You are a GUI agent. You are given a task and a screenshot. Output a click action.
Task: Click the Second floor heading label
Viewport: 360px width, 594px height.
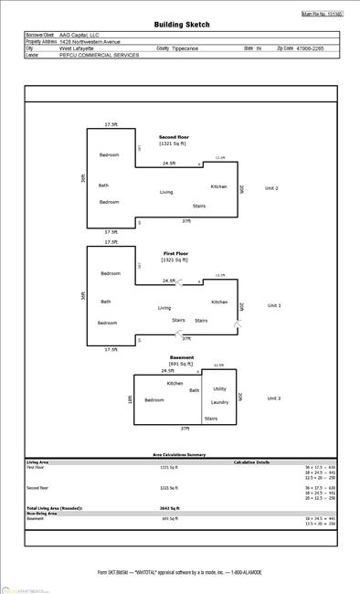[x=173, y=137]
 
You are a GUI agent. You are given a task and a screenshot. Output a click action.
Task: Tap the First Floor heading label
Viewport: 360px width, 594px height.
[x=176, y=252]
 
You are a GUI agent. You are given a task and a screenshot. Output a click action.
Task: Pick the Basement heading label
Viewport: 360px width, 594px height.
[x=181, y=357]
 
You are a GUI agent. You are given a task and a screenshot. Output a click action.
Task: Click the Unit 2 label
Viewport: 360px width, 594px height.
[x=271, y=188]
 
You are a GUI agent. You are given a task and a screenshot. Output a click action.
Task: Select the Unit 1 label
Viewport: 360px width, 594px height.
[x=273, y=305]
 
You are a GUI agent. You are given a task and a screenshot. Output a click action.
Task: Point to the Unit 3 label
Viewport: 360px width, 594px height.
[x=273, y=398]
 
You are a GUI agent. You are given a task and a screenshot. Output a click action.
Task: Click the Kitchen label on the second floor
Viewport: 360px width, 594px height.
[x=219, y=186]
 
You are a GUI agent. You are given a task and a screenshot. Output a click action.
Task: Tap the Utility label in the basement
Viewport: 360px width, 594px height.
[x=219, y=388]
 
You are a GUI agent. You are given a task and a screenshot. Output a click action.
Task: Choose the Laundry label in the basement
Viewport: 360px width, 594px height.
[x=219, y=402]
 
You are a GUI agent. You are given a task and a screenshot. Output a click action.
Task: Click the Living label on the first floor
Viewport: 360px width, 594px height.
[x=164, y=308]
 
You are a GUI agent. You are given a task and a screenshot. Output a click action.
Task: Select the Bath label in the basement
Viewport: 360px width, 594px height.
[x=194, y=390]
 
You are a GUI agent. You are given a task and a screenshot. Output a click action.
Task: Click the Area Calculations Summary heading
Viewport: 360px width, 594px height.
[x=178, y=454]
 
